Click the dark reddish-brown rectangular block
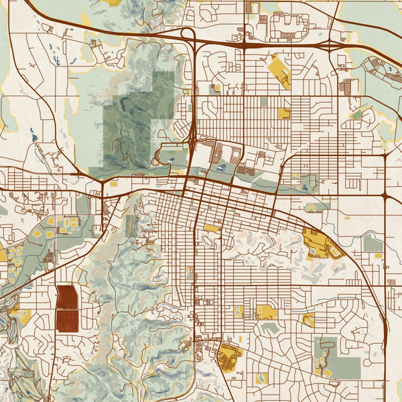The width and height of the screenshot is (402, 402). click(x=66, y=309)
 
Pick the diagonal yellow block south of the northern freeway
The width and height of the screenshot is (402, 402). click(x=279, y=72)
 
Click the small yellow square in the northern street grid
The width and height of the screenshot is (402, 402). click(x=284, y=113)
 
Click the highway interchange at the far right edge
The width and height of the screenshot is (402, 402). click(x=387, y=196)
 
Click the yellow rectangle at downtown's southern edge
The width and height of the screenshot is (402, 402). click(x=212, y=228)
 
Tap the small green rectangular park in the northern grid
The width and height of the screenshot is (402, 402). click(x=263, y=101)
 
